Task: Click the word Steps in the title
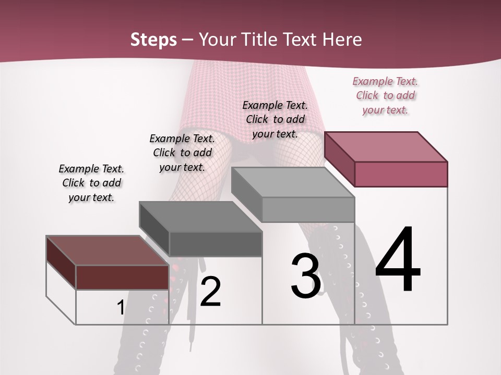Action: coord(153,40)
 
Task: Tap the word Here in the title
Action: coord(342,40)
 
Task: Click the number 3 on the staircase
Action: coord(306,276)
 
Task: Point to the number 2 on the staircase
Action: coord(210,291)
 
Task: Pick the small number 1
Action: coord(121,308)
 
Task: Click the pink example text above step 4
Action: coord(386,96)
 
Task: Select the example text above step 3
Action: coord(275,119)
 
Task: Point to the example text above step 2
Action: coord(182,153)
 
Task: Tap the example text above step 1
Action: coord(91,183)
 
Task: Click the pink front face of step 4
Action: coord(401,174)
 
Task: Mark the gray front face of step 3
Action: coord(308,210)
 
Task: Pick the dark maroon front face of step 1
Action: coord(122,277)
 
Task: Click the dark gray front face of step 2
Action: coord(215,244)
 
